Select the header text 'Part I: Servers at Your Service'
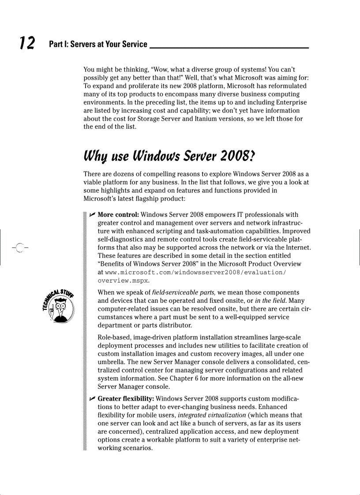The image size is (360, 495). tap(98, 44)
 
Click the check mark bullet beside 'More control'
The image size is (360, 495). tap(92, 215)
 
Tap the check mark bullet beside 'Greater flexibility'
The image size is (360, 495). tap(92, 399)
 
